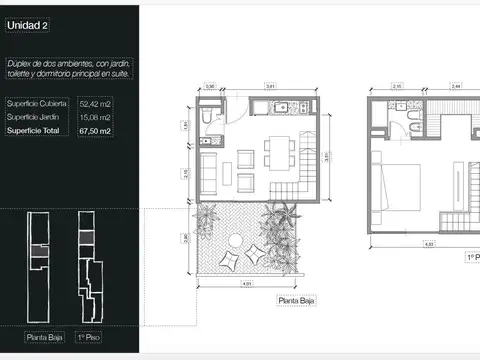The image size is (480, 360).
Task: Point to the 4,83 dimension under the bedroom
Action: pyautogui.click(x=427, y=244)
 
